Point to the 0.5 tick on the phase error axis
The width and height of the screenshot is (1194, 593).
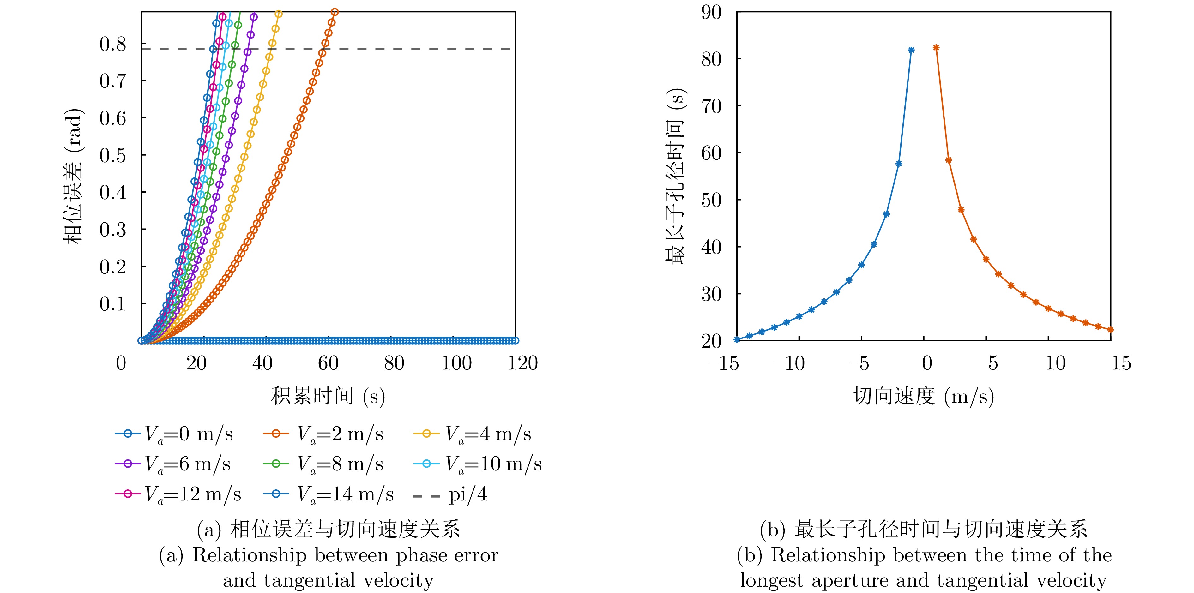(113, 156)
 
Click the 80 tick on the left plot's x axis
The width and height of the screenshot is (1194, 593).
(394, 363)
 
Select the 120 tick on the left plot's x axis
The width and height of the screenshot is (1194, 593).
(522, 363)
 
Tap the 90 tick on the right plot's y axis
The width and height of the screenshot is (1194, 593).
(711, 13)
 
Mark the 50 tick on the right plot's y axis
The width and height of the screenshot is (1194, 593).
(711, 200)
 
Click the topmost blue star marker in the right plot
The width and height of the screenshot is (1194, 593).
(911, 50)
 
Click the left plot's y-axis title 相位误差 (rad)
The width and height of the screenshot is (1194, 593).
(73, 176)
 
